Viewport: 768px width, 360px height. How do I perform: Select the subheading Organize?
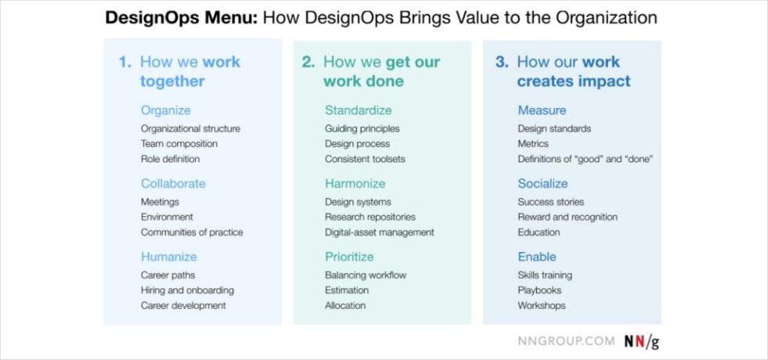(165, 110)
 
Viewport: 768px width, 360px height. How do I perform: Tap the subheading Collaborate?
(173, 184)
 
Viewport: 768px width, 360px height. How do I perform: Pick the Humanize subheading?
(168, 257)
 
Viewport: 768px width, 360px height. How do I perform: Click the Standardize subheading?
(358, 110)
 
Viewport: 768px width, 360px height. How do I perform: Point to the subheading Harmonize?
(355, 184)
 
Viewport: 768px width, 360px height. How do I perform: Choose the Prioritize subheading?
(349, 257)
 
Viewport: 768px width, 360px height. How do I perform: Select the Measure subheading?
(542, 110)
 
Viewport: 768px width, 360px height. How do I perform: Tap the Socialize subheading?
(543, 184)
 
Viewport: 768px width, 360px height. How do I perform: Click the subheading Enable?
(537, 257)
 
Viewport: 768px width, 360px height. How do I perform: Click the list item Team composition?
(179, 144)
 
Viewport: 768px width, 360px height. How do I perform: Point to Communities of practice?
(192, 232)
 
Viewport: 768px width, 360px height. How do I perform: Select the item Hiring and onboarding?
(187, 290)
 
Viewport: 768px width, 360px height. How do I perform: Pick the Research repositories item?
(370, 217)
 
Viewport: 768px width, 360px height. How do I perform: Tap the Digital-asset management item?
(379, 232)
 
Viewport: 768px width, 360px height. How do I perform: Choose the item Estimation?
(347, 290)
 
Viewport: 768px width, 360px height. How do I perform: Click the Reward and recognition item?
(568, 217)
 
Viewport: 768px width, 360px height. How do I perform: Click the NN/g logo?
(640, 342)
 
